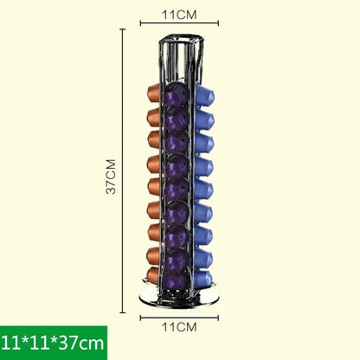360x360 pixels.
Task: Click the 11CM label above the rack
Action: pos(180,15)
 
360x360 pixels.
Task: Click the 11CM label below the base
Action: pos(180,327)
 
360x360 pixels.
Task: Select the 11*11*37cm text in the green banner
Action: pos(54,343)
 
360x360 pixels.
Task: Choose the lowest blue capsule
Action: pos(204,278)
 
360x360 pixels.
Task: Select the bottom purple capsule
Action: pos(178,282)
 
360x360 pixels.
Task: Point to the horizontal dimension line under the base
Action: pos(179,317)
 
